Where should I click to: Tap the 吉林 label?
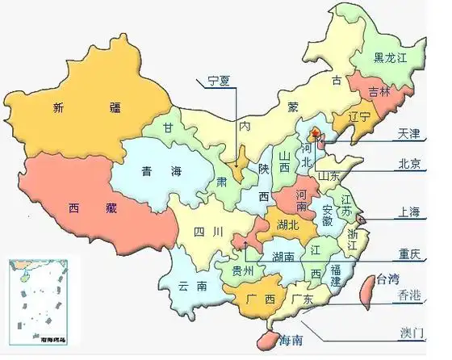click(379, 91)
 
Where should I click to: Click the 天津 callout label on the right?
click(409, 132)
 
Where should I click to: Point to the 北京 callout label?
click(409, 164)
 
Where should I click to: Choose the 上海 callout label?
click(409, 212)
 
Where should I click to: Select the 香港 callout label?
click(409, 297)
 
